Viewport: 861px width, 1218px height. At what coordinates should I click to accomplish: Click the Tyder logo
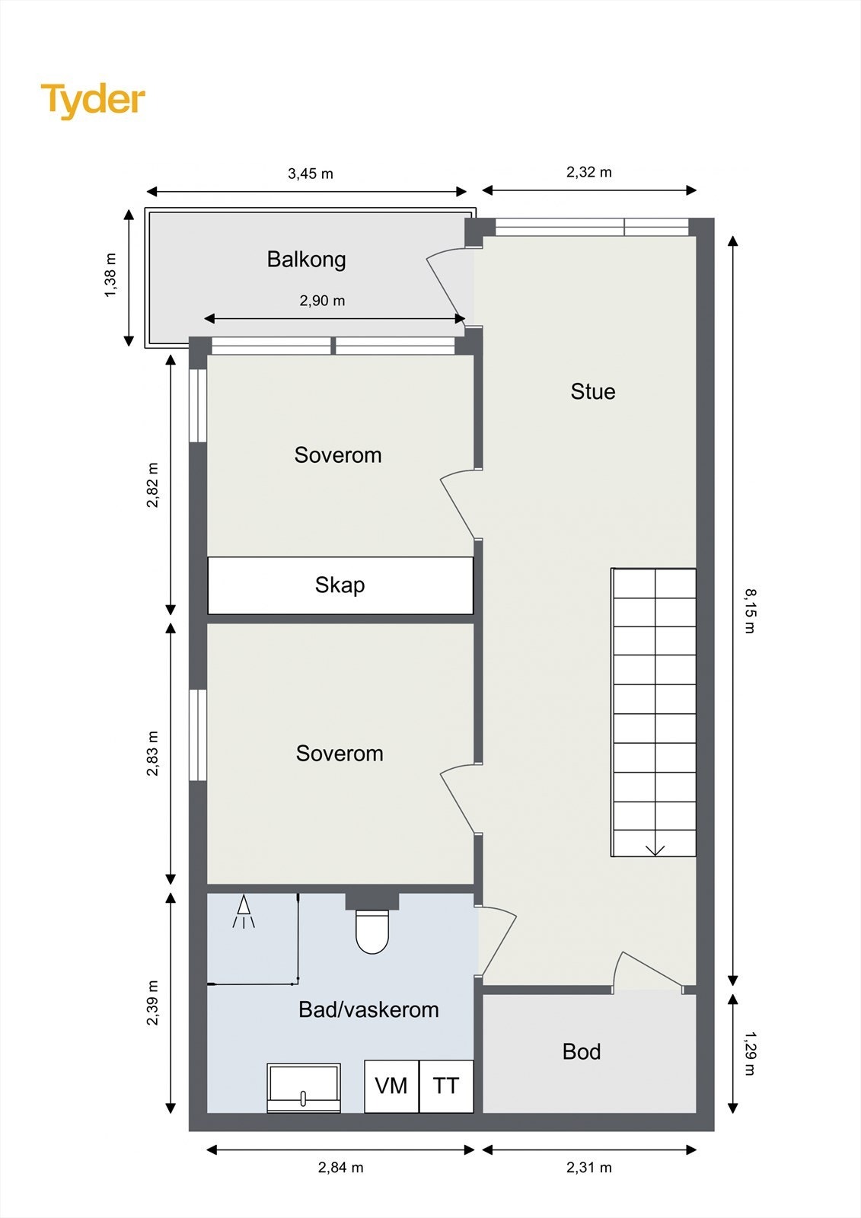coord(93,102)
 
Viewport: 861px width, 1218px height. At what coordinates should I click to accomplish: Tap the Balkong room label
coord(306,260)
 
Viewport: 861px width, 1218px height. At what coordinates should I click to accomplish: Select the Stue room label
coord(593,391)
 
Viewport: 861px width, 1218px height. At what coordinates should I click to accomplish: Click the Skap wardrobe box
coord(340,585)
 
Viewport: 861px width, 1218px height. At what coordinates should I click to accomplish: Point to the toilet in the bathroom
coord(372,932)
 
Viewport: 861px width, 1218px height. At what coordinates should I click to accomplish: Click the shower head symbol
coord(244,911)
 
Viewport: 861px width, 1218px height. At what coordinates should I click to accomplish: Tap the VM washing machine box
coord(391,1086)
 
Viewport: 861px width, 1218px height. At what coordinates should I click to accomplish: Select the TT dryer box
coord(447,1086)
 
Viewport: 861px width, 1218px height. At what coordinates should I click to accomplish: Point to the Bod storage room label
coord(582,1052)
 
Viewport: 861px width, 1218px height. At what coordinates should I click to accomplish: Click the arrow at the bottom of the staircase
coord(655,850)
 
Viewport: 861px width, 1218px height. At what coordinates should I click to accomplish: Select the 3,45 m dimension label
coord(310,174)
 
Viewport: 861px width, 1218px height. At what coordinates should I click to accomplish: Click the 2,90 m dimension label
coord(322,301)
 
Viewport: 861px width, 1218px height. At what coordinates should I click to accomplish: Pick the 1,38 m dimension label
coord(110,276)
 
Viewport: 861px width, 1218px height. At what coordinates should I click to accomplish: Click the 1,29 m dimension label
coord(750,1054)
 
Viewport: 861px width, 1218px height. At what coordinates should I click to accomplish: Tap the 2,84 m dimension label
coord(340,1168)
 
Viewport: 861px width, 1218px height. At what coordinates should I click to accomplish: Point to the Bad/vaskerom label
coord(368,1010)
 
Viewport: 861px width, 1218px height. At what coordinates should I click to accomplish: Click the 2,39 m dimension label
coord(153,1003)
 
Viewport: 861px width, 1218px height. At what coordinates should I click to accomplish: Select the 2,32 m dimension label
coord(589,172)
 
